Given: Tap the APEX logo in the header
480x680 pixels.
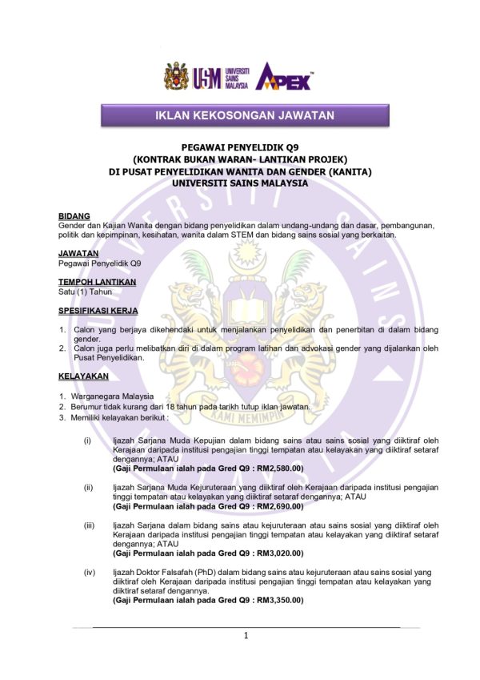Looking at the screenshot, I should (284, 76).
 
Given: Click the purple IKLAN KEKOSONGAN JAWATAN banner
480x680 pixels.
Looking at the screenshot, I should (244, 116).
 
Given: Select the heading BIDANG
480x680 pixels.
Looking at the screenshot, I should (74, 216).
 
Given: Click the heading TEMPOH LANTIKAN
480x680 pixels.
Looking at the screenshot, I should (97, 282).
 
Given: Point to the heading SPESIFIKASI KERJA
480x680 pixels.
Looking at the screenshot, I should (98, 310).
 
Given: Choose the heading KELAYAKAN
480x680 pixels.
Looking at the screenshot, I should (83, 376).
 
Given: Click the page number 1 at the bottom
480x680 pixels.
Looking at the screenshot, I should (246, 636).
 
